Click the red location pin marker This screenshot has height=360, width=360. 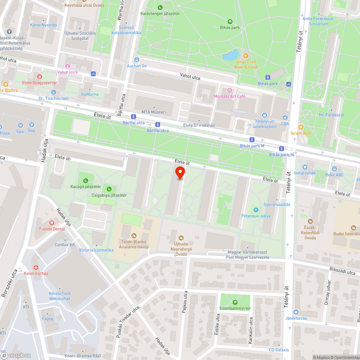180,172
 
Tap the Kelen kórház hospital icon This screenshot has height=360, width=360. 36,267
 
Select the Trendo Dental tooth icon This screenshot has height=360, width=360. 52,223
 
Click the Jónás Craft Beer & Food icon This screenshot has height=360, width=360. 246,55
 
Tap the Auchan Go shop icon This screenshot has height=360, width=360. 136,60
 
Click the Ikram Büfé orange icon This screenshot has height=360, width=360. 301,127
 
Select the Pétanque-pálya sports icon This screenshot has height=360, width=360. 256,210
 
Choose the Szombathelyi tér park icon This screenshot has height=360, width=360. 235,302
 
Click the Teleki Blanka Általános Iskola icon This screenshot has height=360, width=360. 135,236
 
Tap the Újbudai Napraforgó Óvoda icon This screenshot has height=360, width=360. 181,238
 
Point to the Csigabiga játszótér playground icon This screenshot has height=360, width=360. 109,189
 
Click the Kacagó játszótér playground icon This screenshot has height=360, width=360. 85,181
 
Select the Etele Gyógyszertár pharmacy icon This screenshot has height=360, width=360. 40,77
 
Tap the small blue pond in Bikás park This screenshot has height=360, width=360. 230,55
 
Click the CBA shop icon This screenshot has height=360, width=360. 285,117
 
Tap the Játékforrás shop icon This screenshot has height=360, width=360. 296,312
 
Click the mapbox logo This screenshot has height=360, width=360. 16,355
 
